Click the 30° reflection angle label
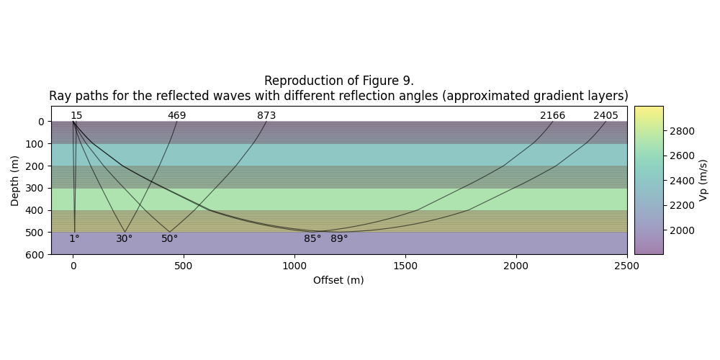(x=124, y=239)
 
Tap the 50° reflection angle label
(x=169, y=239)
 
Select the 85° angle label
(x=312, y=239)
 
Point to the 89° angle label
(x=339, y=239)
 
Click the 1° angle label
(x=74, y=239)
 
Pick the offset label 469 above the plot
(x=176, y=116)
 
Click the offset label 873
(x=266, y=116)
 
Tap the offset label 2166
(x=552, y=116)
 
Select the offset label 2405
(x=606, y=116)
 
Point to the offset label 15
(x=76, y=116)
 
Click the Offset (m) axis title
(x=338, y=280)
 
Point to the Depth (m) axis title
(x=15, y=181)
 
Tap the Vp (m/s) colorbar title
(x=703, y=181)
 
